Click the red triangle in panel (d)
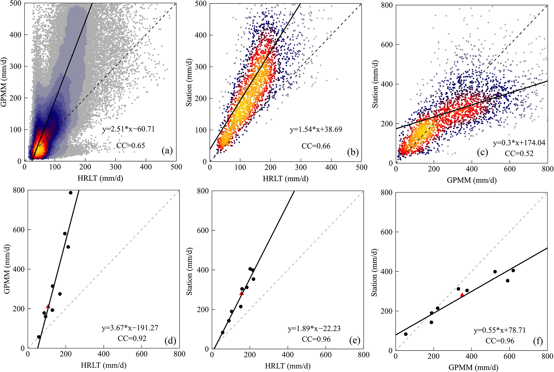click(48, 306)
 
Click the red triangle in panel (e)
click(241, 293)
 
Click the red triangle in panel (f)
click(462, 294)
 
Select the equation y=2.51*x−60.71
click(129, 129)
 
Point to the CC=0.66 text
click(316, 146)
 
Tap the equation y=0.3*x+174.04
click(519, 143)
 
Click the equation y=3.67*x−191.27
click(130, 328)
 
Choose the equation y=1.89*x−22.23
click(314, 329)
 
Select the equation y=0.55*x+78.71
click(500, 330)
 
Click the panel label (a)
click(167, 151)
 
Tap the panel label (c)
click(482, 152)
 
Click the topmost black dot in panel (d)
click(70, 193)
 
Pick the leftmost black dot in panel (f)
click(406, 334)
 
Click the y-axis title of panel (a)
click(4, 82)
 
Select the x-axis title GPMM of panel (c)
click(471, 180)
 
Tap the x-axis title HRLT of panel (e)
click(288, 366)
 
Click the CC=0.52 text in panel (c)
click(519, 153)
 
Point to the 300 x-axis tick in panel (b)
click(301, 167)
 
